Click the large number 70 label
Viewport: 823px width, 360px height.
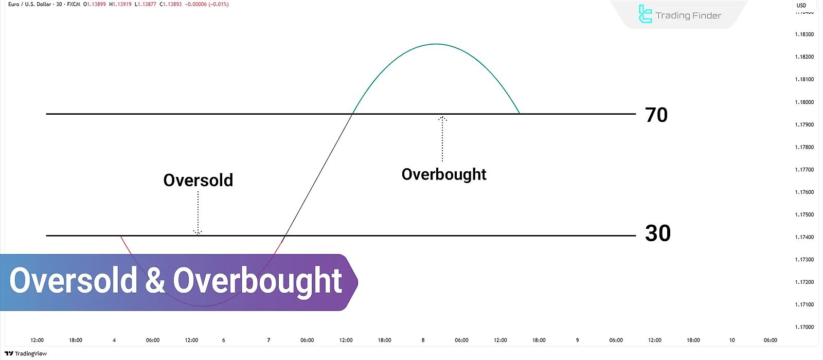pyautogui.click(x=656, y=115)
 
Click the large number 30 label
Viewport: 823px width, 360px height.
pyautogui.click(x=658, y=233)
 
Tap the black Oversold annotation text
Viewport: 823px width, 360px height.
pyautogui.click(x=198, y=180)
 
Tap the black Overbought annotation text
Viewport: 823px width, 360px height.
pyautogui.click(x=444, y=174)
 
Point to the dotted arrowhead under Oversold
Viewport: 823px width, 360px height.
pyautogui.click(x=198, y=232)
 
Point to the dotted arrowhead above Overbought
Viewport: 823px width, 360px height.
pyautogui.click(x=442, y=119)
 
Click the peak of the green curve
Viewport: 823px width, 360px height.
pyautogui.click(x=436, y=44)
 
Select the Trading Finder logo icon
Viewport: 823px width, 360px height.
pyautogui.click(x=645, y=14)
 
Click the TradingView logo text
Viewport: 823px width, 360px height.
pyautogui.click(x=26, y=353)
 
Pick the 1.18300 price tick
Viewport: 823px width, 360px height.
pyautogui.click(x=804, y=34)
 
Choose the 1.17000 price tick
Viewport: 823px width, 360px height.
pyautogui.click(x=804, y=327)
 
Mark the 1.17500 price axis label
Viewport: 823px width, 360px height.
pyautogui.click(x=804, y=214)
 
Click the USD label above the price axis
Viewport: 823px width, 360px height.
pyautogui.click(x=801, y=5)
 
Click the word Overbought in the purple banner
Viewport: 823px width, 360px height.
pyautogui.click(x=258, y=281)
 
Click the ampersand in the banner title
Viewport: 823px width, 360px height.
pyautogui.click(x=155, y=281)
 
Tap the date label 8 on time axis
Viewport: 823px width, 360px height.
pyautogui.click(x=423, y=340)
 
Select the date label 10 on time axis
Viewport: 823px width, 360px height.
pyautogui.click(x=732, y=340)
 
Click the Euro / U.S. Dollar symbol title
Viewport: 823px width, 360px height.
pyautogui.click(x=30, y=4)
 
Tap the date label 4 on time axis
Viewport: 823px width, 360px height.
pyautogui.click(x=114, y=340)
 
